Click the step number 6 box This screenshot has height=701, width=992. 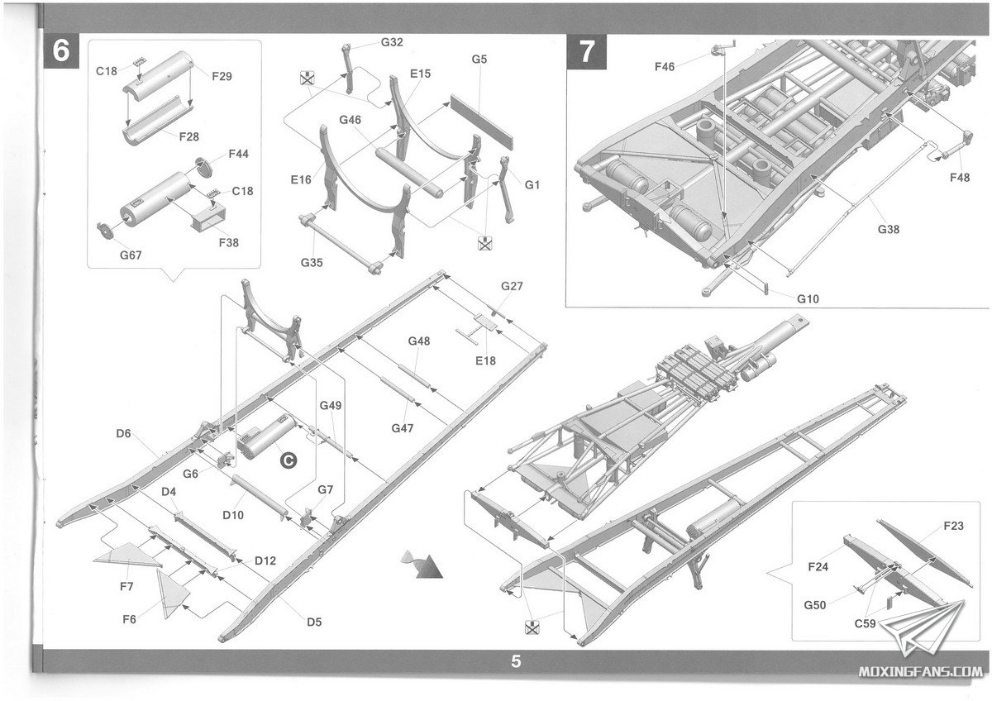pos(61,50)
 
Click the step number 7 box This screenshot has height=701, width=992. pos(586,51)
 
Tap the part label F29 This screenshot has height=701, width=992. pos(222,77)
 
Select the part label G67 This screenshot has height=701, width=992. pos(131,255)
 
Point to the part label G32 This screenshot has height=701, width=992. pos(392,42)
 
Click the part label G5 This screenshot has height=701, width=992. pos(479,60)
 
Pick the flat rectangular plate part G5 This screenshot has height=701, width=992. pos(481,121)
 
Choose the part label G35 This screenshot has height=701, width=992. pos(312,263)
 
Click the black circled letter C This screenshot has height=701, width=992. pos(289,460)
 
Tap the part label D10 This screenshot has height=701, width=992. pos(233,515)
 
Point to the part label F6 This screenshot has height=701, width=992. pos(129,619)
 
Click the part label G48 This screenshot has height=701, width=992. pos(419,341)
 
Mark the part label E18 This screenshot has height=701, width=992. pos(485,361)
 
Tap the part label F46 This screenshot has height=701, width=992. pos(665,67)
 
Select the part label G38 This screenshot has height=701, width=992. pos(889,229)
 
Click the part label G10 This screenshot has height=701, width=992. pos(808,299)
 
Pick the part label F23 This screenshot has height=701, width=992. pos(953,526)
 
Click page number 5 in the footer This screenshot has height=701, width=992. pos(516,661)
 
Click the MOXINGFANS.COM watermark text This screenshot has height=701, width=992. pos(920,672)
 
